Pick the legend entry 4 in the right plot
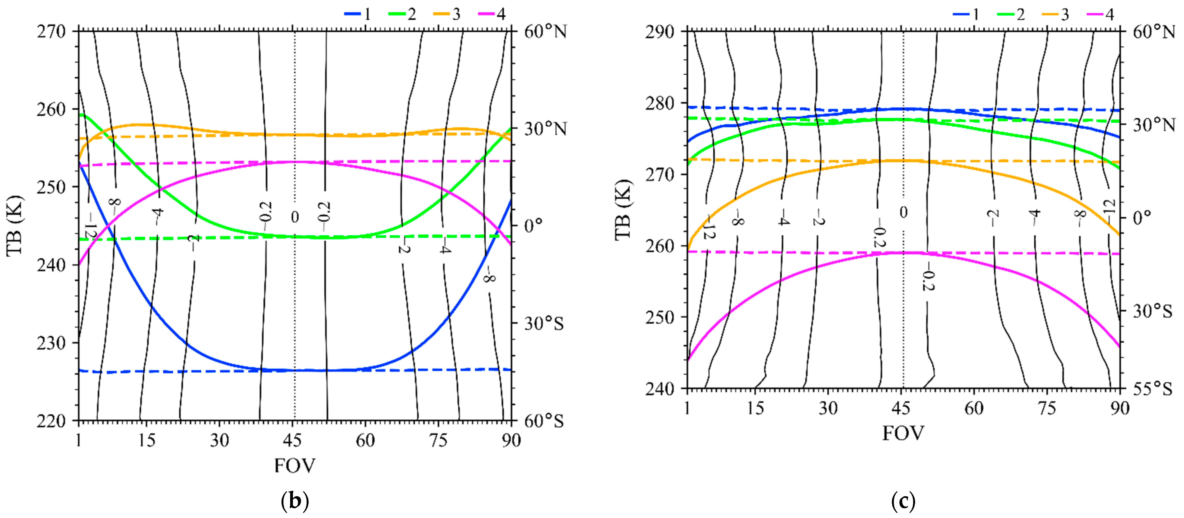click(x=1101, y=14)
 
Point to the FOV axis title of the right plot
click(x=903, y=433)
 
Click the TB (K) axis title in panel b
click(x=15, y=225)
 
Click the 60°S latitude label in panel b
click(x=544, y=421)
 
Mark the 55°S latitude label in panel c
click(x=1152, y=389)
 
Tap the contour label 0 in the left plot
click(x=295, y=217)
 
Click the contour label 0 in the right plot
click(x=903, y=212)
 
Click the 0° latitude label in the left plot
click(x=533, y=225)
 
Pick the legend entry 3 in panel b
click(x=448, y=14)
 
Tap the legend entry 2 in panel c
click(x=1012, y=14)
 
